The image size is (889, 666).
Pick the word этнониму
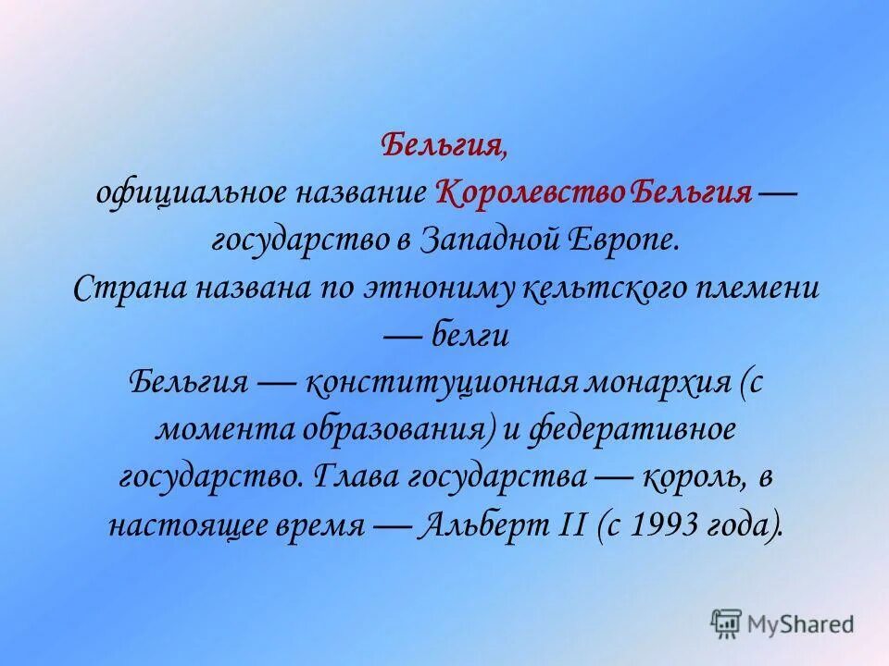[427, 288]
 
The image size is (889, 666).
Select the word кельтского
[599, 288]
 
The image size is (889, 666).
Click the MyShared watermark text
[799, 623]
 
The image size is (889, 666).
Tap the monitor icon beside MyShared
[727, 623]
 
